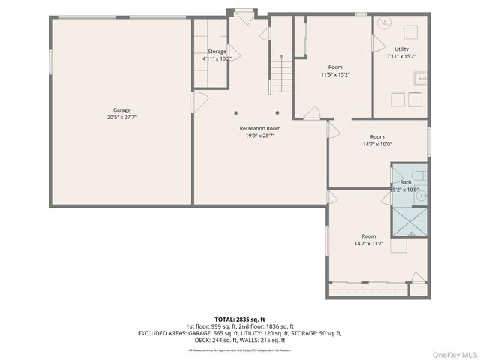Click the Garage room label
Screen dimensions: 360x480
[121, 110]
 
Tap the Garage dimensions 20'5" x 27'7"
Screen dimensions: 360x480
[121, 118]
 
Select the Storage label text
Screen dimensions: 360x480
[217, 52]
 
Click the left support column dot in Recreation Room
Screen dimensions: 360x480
[237, 113]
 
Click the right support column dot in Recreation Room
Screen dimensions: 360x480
[277, 113]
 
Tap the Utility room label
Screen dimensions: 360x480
[402, 49]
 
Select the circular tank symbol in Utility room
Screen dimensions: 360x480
[385, 22]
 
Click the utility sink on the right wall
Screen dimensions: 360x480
[423, 76]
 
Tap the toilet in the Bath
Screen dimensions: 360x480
[422, 175]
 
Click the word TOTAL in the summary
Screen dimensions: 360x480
[226, 319]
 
